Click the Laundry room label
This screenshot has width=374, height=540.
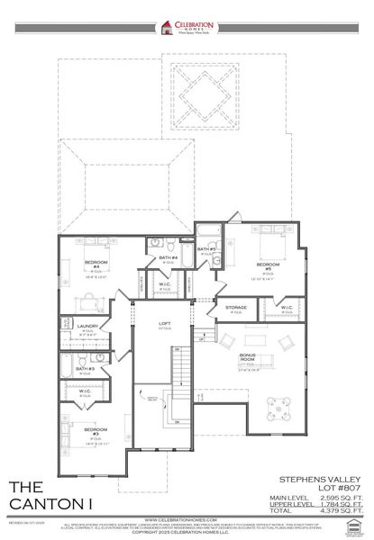coord(87,327)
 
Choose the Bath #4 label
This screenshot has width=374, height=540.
coord(168,259)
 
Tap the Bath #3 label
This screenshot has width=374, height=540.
coord(84,369)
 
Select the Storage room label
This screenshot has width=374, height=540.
coord(236,309)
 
